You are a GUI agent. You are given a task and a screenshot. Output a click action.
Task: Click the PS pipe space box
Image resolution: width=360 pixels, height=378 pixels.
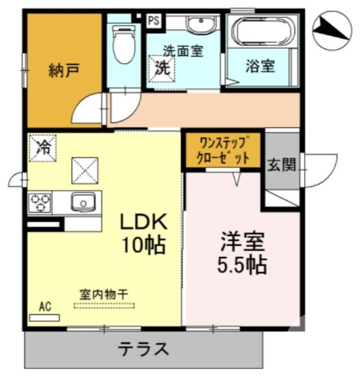154,21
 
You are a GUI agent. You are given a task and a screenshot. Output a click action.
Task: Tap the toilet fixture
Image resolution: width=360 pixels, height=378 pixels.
124,44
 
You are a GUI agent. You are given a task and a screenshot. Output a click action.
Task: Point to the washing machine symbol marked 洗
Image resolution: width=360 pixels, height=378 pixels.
162,69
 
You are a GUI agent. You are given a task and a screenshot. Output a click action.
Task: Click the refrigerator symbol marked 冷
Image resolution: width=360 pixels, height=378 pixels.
43,148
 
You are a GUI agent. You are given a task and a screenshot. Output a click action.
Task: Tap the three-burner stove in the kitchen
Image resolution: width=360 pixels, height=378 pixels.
40,202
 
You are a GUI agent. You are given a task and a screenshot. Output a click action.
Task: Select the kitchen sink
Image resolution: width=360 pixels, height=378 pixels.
83,202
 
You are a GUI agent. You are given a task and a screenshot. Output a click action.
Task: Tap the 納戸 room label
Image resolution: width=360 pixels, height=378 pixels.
64,70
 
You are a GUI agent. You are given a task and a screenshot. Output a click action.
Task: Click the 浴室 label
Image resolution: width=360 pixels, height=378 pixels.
260,66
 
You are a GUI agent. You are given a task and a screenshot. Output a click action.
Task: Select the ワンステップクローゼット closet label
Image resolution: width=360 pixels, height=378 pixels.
223,151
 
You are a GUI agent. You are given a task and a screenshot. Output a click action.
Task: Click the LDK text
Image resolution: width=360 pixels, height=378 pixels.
144,222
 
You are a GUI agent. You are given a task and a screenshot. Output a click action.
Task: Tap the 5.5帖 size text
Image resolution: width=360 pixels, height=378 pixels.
242,265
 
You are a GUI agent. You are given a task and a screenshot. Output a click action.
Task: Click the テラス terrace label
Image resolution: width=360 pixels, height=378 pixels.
144,349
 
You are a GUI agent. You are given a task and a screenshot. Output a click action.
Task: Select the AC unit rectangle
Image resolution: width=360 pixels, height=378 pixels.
44,318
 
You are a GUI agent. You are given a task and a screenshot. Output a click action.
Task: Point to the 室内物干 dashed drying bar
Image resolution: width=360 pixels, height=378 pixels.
104,305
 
